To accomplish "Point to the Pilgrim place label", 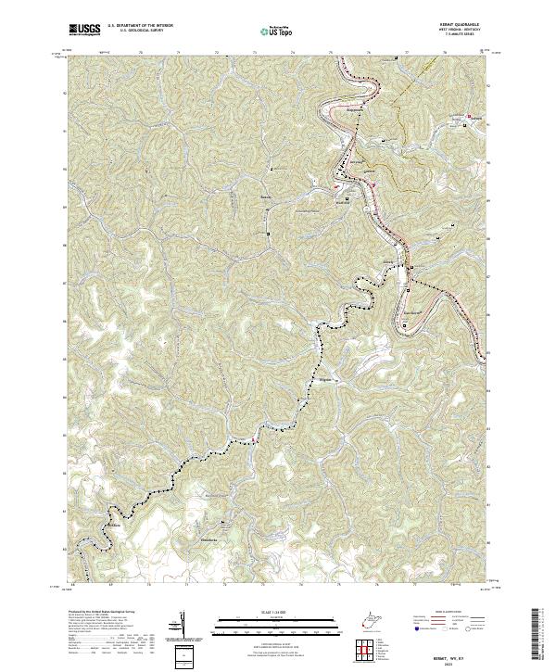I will point(325,380).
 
